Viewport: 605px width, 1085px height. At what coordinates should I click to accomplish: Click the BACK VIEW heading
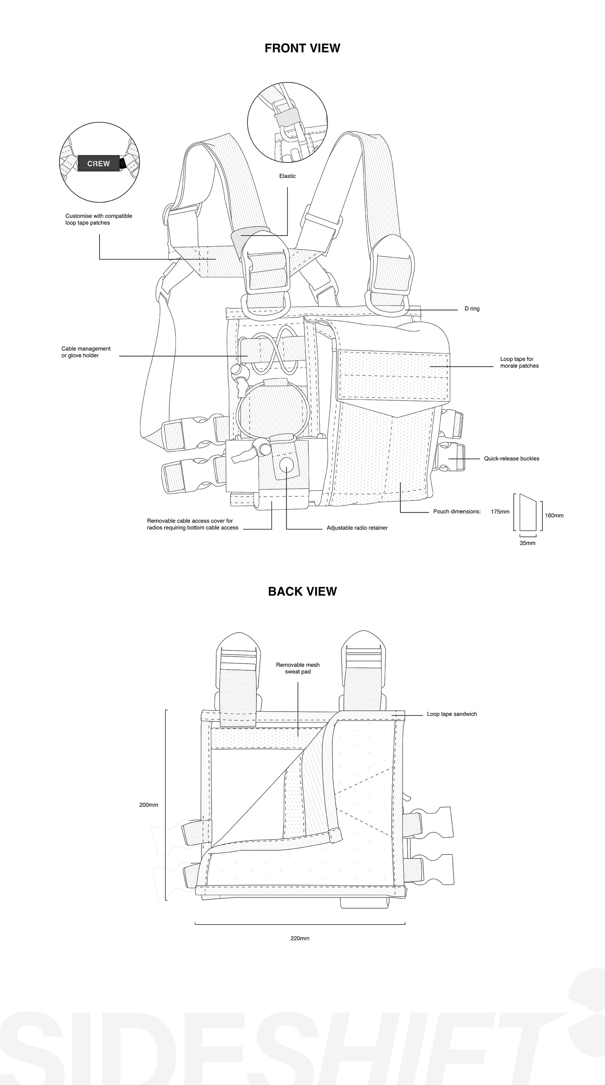point(302,592)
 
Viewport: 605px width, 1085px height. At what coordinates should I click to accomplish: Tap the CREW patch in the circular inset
point(99,163)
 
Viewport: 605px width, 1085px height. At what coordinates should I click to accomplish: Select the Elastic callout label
point(287,176)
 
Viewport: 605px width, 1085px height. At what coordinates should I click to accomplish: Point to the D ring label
point(472,309)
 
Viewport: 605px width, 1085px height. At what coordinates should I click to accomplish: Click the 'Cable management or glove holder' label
point(86,352)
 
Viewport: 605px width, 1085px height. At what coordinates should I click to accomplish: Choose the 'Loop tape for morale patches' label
point(519,362)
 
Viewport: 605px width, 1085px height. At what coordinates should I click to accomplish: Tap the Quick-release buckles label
point(512,459)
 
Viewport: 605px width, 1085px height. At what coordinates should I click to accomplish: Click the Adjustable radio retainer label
point(357,528)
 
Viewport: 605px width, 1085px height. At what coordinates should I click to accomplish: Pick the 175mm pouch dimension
point(500,512)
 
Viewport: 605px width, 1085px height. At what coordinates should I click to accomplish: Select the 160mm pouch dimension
point(554,516)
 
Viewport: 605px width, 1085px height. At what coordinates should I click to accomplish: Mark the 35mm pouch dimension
point(528,543)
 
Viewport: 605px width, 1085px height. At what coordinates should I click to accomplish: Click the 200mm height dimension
point(149,805)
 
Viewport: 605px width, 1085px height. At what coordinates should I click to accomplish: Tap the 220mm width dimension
point(300,938)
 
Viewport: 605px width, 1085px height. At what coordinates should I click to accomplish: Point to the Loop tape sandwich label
point(452,714)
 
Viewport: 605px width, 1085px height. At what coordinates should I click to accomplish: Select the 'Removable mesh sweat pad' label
point(298,668)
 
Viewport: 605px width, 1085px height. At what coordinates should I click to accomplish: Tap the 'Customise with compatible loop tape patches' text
point(99,219)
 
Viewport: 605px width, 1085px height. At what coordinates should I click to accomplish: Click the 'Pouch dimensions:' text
point(457,512)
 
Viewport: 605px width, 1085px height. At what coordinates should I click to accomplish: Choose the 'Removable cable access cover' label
point(192,524)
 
